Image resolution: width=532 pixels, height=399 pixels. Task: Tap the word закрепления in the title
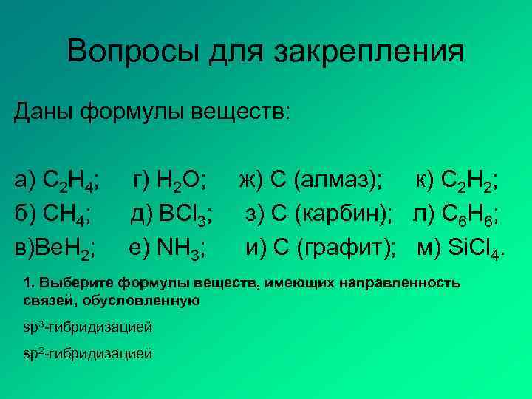pyautogui.click(x=370, y=53)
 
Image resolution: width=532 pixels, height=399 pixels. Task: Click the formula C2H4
pyautogui.click(x=73, y=180)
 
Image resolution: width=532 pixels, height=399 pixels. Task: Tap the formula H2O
pyautogui.click(x=185, y=180)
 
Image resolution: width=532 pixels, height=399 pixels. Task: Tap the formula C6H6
pyautogui.click(x=473, y=214)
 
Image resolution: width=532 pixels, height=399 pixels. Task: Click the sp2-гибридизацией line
pyautogui.click(x=87, y=353)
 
